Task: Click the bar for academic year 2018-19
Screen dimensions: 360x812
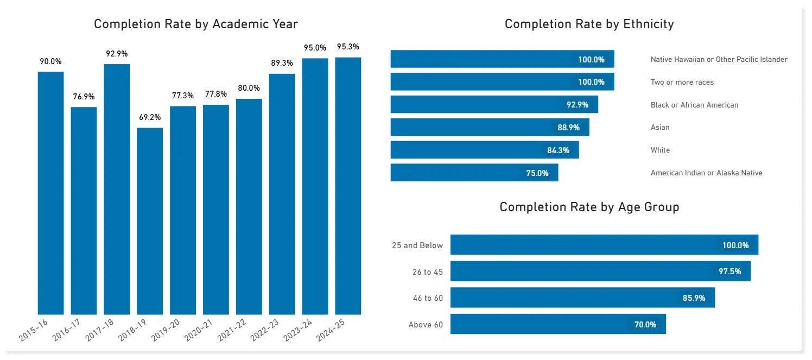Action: pos(150,221)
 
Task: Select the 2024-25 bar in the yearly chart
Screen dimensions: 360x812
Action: pos(348,186)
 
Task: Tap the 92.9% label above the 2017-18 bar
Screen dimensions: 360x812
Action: pos(117,54)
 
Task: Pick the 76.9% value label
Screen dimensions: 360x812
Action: pos(84,97)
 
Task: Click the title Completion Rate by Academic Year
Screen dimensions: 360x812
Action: pos(196,24)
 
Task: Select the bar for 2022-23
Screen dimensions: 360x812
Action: pos(282,194)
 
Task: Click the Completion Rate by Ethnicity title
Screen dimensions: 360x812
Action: pos(589,24)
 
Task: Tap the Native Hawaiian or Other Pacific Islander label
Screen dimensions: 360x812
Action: pos(719,59)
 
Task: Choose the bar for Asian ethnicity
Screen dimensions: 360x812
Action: pos(490,127)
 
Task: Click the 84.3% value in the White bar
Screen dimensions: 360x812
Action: pos(558,150)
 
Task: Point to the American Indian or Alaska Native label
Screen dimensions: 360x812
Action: pos(706,173)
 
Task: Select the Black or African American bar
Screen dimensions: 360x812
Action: pos(494,104)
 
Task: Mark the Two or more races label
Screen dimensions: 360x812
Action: pos(682,82)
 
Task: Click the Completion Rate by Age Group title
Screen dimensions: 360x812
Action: pos(589,207)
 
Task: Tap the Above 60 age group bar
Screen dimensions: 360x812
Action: pos(558,324)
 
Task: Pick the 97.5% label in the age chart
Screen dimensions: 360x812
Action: pos(729,271)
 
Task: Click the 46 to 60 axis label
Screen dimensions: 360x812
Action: pos(427,298)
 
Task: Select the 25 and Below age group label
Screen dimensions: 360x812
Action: pos(417,245)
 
